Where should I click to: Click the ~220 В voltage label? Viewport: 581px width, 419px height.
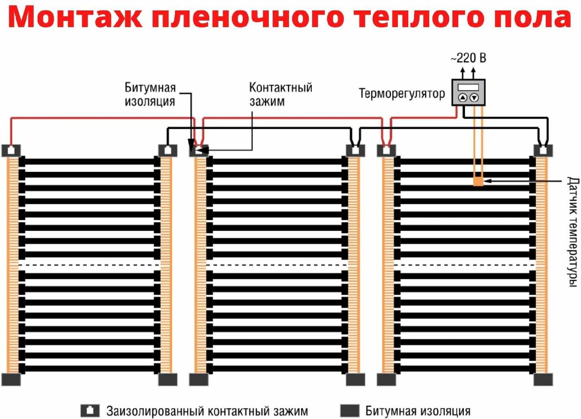[x=468, y=58]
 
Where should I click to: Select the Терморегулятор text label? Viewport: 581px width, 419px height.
[x=402, y=94]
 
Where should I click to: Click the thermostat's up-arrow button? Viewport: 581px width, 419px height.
[x=462, y=98]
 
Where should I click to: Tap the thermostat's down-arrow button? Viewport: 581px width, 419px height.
[x=474, y=98]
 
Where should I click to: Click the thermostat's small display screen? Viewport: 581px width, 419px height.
[x=468, y=87]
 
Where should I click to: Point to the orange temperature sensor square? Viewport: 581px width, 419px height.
[x=478, y=181]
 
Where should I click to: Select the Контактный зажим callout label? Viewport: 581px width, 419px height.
[x=280, y=94]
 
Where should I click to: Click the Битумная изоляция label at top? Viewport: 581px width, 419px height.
[x=150, y=94]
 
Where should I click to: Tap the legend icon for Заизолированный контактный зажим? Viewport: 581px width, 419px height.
[x=90, y=410]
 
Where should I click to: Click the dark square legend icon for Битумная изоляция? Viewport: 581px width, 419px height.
[x=350, y=410]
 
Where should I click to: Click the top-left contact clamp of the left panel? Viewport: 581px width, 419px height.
[x=11, y=150]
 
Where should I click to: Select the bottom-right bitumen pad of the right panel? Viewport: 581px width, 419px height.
[x=543, y=379]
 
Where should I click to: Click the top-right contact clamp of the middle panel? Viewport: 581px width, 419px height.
[x=355, y=150]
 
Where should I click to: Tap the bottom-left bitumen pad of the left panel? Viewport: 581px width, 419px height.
[x=11, y=379]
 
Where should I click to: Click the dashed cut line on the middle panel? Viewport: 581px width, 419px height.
[x=277, y=265]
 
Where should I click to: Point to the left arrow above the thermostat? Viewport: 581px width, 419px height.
[x=462, y=72]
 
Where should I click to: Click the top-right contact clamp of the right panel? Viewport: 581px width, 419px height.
[x=543, y=150]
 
